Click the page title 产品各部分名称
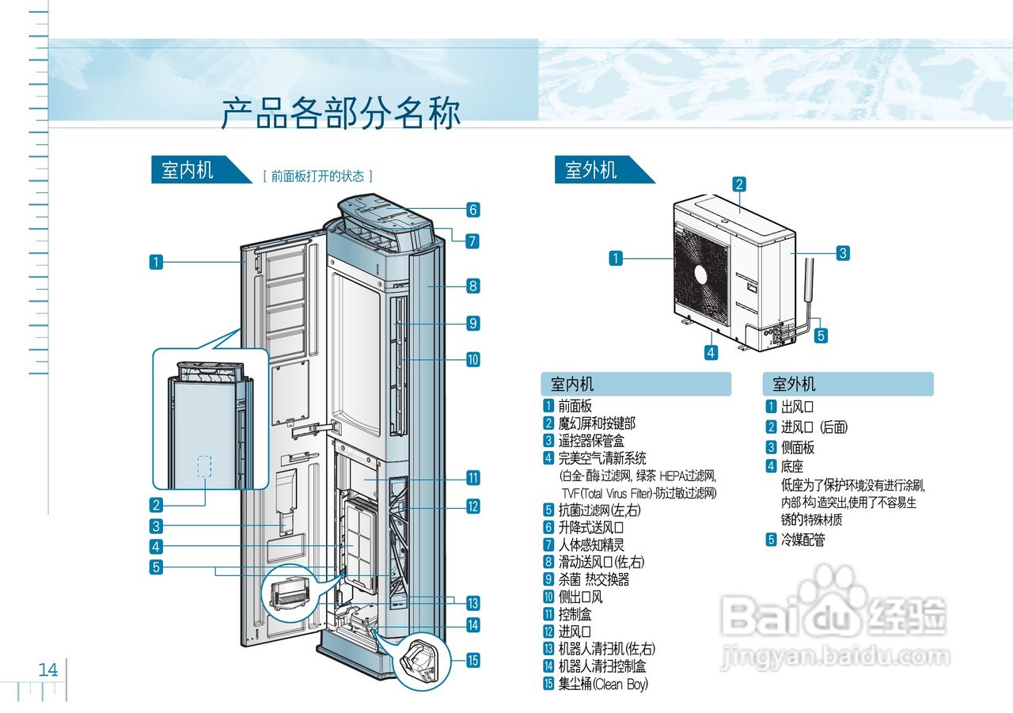(340, 113)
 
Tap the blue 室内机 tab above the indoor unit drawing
(188, 170)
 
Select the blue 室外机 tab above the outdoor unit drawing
(591, 170)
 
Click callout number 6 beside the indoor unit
(472, 210)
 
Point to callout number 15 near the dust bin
(472, 660)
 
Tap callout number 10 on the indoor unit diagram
(472, 359)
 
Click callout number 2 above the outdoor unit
(739, 184)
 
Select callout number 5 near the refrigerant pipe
(821, 335)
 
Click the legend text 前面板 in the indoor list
(575, 406)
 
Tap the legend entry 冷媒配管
(803, 540)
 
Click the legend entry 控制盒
(575, 614)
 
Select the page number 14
(48, 670)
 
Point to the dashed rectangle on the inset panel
(204, 467)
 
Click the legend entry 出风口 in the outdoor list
(797, 408)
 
